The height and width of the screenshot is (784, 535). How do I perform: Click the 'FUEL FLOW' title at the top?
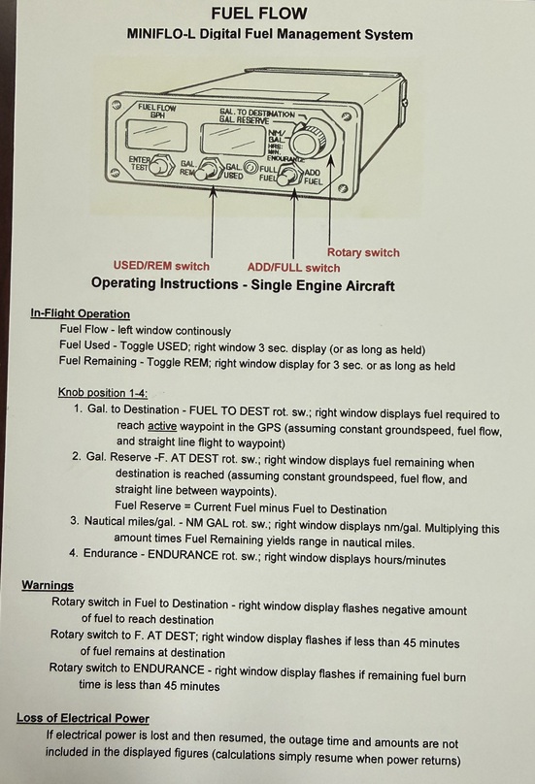[258, 13]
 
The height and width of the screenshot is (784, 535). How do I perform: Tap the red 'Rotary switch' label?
[363, 252]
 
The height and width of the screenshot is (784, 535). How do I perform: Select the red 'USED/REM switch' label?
[161, 266]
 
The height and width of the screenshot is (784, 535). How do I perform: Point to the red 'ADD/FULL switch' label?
[294, 268]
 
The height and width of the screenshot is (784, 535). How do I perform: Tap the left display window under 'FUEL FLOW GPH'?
[155, 136]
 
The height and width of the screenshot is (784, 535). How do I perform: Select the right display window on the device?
[232, 139]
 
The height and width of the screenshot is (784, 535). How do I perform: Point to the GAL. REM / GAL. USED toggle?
[206, 169]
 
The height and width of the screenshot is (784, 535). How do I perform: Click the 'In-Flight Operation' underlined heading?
[80, 314]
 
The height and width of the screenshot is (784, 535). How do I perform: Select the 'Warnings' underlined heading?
[48, 585]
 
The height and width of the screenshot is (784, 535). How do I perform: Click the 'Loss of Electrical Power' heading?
[84, 718]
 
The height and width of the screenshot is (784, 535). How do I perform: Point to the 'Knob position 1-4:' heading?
[103, 393]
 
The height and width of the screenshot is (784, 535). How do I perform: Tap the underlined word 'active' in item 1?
[162, 426]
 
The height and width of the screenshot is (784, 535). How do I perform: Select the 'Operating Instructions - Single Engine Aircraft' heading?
[243, 284]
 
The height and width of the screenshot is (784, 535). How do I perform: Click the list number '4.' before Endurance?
[74, 553]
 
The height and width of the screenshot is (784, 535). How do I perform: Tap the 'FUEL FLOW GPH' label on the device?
[157, 111]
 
